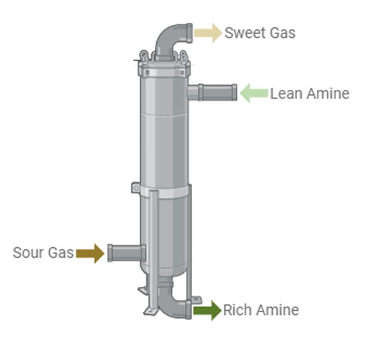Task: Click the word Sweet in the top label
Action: point(245,33)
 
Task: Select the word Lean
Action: point(286,94)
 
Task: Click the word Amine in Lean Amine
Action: point(328,94)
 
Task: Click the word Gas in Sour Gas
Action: point(61,253)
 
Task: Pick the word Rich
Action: point(238,310)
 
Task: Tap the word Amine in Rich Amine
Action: point(278,310)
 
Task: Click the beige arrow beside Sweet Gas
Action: point(208,33)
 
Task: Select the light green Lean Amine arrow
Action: point(254,93)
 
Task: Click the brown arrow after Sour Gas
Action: point(90,254)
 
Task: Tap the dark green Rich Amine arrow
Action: point(208,311)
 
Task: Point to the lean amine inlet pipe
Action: point(212,93)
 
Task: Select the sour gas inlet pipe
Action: point(126,253)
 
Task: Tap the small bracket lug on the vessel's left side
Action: point(136,188)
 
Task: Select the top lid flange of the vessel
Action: point(164,69)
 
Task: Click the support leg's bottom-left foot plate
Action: point(151,311)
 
